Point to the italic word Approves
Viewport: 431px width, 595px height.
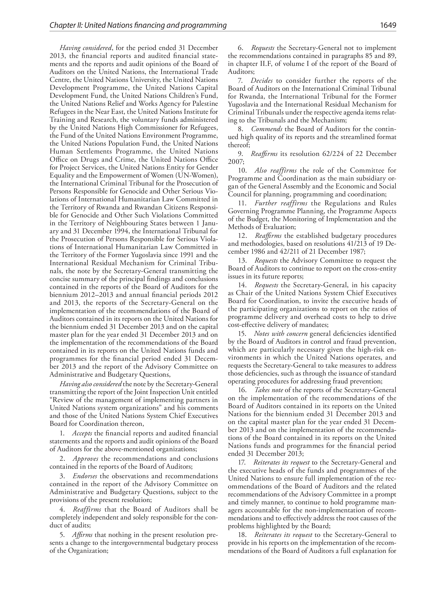pyautogui.click(x=85, y=459)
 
